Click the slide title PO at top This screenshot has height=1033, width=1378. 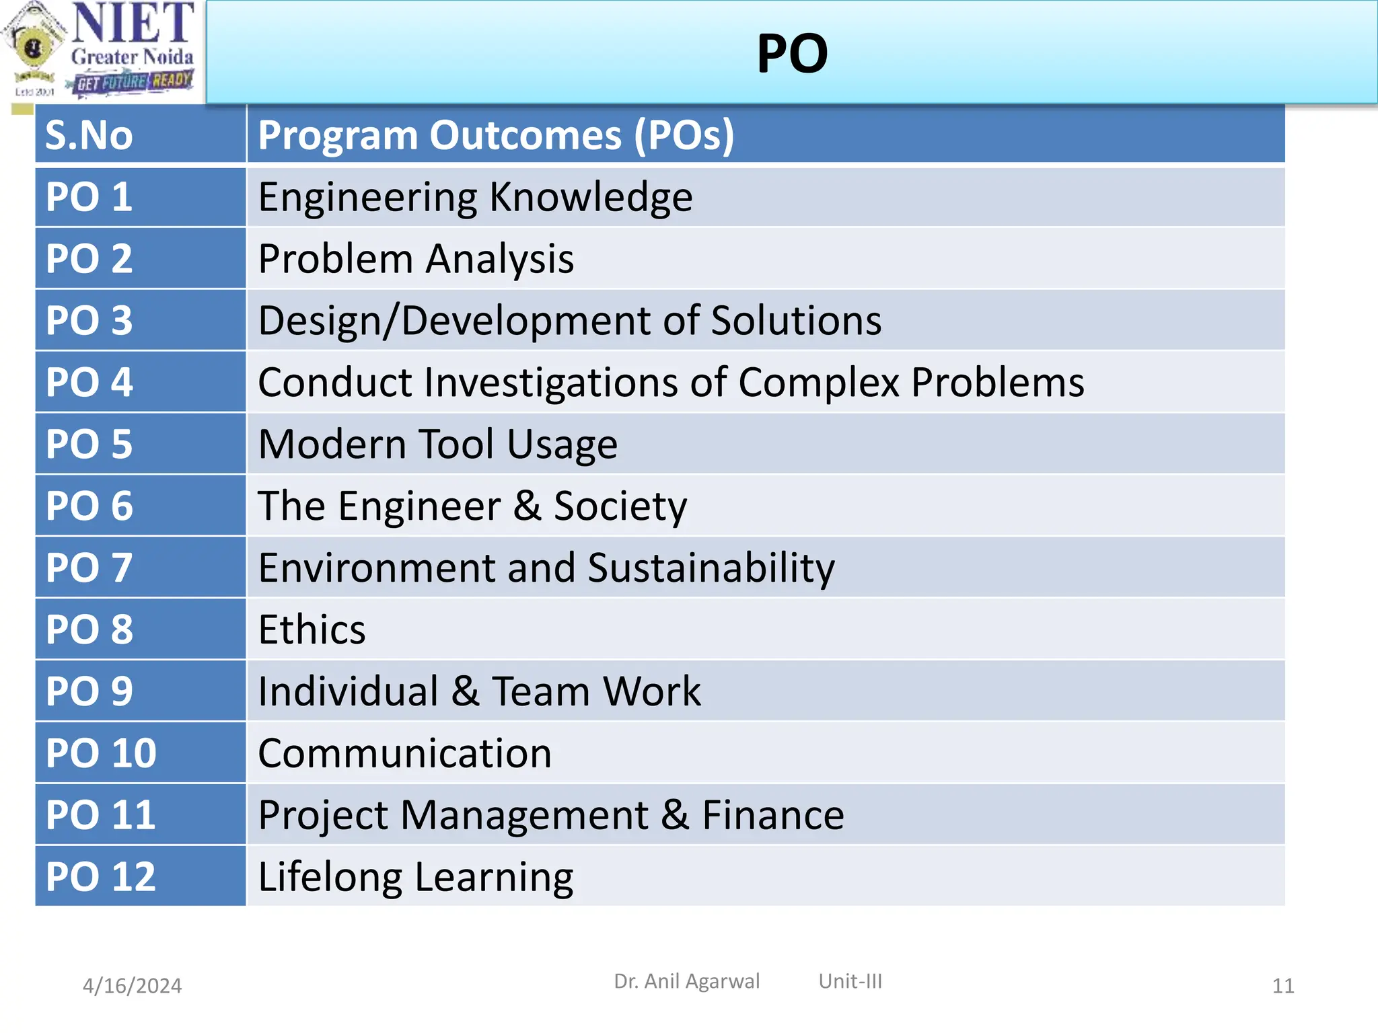point(792,54)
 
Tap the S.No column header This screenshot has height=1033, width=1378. point(89,135)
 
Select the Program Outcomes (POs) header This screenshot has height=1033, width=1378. point(496,135)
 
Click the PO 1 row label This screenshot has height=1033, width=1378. point(89,197)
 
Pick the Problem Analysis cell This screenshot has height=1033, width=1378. point(416,259)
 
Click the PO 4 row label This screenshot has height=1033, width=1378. point(89,382)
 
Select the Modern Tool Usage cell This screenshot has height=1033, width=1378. point(437,444)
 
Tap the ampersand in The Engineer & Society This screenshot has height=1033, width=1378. point(528,506)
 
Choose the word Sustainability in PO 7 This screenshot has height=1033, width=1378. point(711,568)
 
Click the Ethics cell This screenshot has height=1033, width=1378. point(312,629)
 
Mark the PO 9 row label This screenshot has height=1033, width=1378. point(89,691)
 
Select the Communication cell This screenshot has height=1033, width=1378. point(404,753)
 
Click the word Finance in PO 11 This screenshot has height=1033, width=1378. point(773,815)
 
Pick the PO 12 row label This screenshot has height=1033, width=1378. point(101,877)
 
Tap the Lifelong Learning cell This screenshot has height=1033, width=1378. point(415,877)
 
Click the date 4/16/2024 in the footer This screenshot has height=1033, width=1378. point(132,986)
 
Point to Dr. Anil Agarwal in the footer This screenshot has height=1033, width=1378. point(686,981)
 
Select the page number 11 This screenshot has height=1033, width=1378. point(1283,986)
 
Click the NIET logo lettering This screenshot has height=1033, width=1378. point(133,24)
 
